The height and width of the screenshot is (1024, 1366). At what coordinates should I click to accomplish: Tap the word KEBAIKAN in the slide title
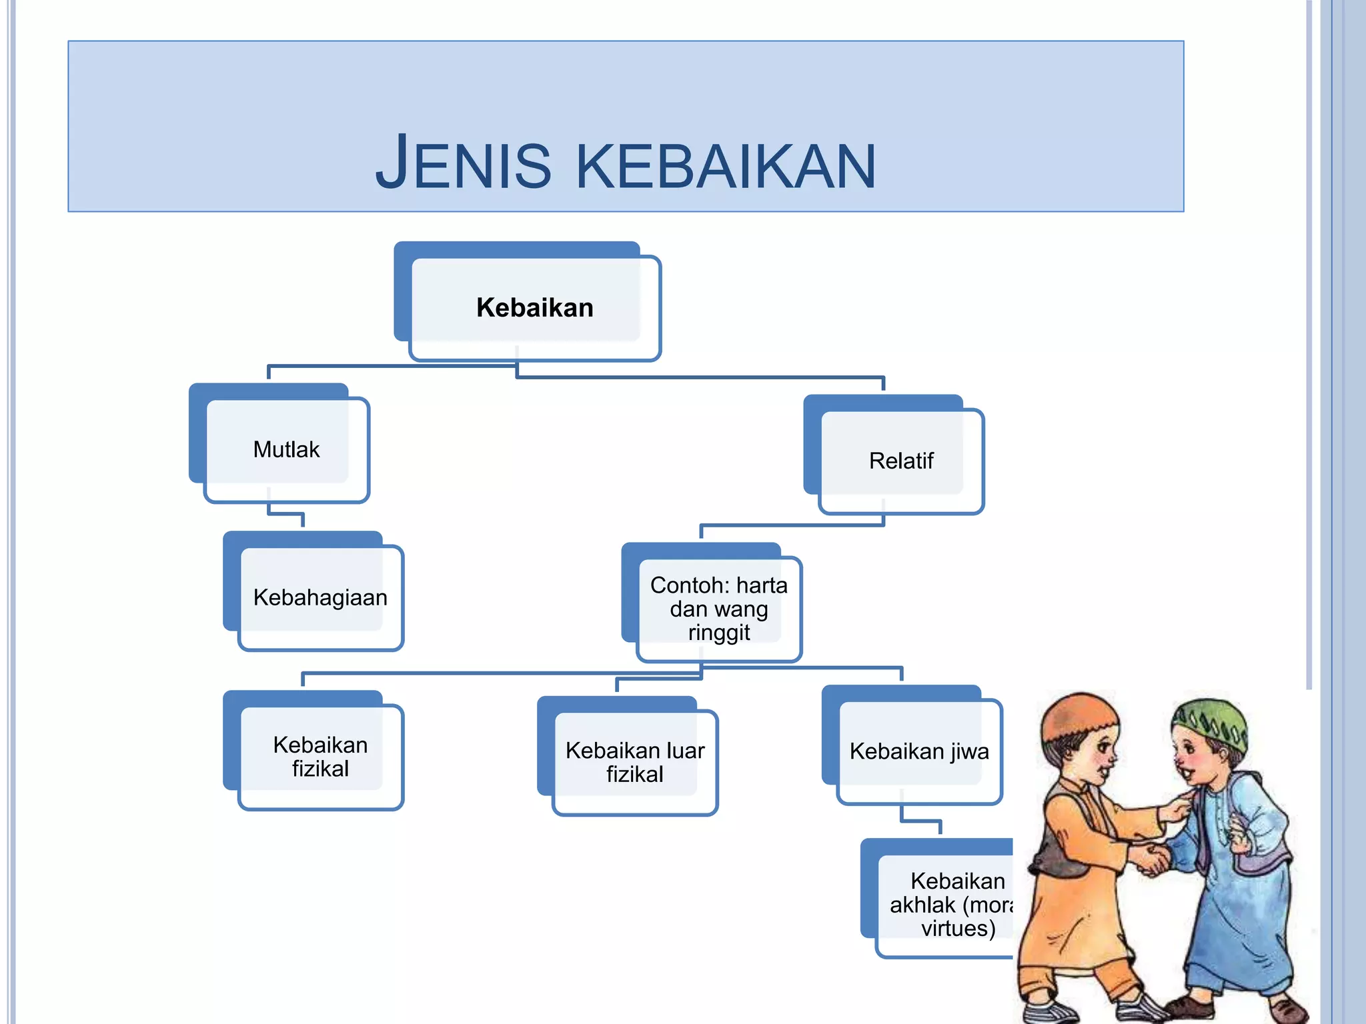click(x=725, y=167)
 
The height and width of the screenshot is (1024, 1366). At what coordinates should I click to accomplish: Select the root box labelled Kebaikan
click(x=535, y=307)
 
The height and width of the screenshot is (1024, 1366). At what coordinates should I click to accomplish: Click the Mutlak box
click(x=286, y=449)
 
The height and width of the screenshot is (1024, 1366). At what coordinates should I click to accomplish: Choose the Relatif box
click(x=900, y=461)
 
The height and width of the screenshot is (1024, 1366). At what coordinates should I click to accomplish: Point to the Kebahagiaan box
click(x=320, y=597)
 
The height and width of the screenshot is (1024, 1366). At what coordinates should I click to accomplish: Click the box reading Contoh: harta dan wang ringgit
click(x=718, y=608)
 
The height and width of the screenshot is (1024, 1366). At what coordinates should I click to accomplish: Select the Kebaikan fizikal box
click(x=320, y=757)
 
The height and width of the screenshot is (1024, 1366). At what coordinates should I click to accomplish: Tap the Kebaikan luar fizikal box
click(x=634, y=762)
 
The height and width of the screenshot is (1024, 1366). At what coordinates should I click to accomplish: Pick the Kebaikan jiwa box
click(x=918, y=751)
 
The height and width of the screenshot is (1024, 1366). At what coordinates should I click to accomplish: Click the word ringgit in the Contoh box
click(x=718, y=632)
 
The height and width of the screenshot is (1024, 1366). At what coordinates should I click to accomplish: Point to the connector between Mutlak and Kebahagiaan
click(x=285, y=514)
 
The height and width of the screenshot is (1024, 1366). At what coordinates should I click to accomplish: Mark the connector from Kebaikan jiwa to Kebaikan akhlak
click(x=920, y=821)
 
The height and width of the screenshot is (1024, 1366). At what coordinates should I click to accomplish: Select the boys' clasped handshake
click(x=1153, y=859)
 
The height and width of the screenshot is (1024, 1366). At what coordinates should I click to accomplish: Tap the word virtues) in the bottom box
click(x=958, y=928)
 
